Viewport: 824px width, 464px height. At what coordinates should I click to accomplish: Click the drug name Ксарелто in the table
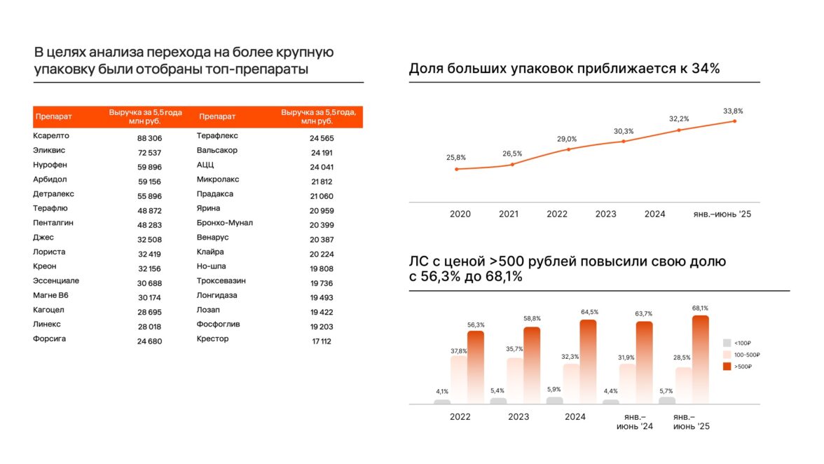pyautogui.click(x=51, y=136)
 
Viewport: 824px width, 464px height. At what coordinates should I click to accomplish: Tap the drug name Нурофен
pyautogui.click(x=50, y=165)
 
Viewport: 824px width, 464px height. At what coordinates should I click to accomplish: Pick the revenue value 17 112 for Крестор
pyautogui.click(x=321, y=341)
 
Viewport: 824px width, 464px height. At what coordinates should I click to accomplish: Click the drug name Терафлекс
pyautogui.click(x=217, y=136)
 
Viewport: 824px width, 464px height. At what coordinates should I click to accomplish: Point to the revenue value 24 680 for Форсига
pyautogui.click(x=149, y=341)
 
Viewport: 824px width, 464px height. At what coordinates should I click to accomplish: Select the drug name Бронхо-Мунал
pyautogui.click(x=225, y=223)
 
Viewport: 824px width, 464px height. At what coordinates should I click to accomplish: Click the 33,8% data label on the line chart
pyautogui.click(x=733, y=111)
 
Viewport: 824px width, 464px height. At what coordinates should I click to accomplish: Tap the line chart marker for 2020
pyautogui.click(x=456, y=169)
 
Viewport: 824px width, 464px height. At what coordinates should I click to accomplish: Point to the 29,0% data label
pyautogui.click(x=567, y=139)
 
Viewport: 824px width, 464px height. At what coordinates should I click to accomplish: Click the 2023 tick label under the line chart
pyautogui.click(x=606, y=214)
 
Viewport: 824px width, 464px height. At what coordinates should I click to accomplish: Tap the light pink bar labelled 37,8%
pyautogui.click(x=459, y=379)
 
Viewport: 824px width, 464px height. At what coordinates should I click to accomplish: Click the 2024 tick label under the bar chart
pyautogui.click(x=575, y=416)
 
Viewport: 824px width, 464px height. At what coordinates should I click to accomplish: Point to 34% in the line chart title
pyautogui.click(x=705, y=69)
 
